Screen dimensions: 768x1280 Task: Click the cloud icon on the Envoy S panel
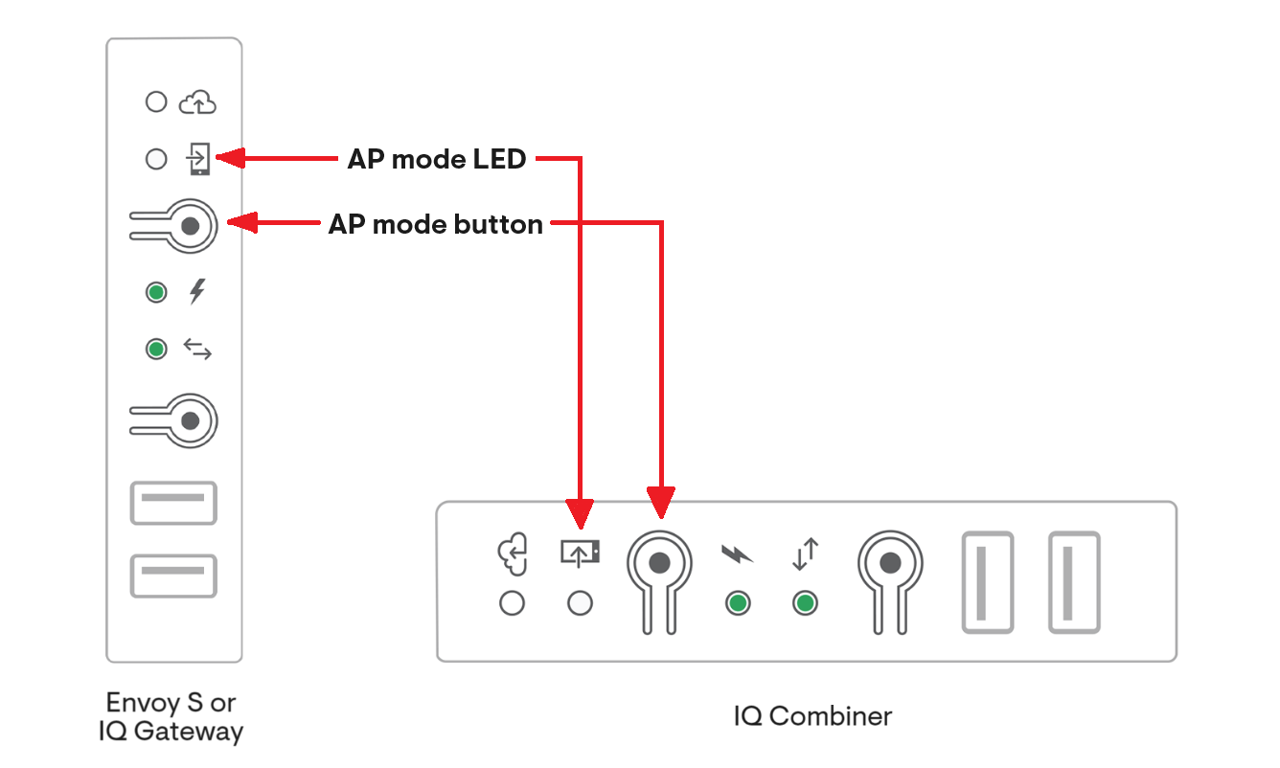pos(197,102)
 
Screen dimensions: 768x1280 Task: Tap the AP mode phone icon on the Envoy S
pos(198,159)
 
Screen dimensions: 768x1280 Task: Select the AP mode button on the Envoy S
pos(190,225)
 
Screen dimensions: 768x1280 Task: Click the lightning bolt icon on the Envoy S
pos(197,291)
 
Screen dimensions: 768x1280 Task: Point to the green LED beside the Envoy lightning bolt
pos(156,292)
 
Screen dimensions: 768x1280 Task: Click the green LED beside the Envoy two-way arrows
pos(156,350)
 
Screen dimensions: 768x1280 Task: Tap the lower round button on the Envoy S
pos(190,420)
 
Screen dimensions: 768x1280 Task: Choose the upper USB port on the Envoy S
pos(173,503)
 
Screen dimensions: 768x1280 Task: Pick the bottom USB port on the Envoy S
pos(173,576)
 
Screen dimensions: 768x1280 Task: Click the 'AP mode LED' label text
pos(437,159)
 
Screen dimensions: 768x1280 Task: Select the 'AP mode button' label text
pos(436,225)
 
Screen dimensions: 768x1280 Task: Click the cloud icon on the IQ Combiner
pos(513,555)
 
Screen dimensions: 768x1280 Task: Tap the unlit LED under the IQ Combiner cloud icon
pos(513,603)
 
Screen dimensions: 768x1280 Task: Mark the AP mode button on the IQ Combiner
pos(659,563)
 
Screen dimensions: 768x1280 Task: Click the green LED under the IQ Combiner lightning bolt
pos(737,603)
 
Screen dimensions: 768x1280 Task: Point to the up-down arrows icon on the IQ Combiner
pos(806,554)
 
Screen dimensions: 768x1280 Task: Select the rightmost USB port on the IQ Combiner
pos(1074,582)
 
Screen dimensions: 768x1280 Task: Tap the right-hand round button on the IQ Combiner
pos(890,563)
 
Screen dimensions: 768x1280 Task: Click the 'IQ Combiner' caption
pos(812,715)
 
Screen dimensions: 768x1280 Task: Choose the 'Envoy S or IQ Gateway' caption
pos(171,717)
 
